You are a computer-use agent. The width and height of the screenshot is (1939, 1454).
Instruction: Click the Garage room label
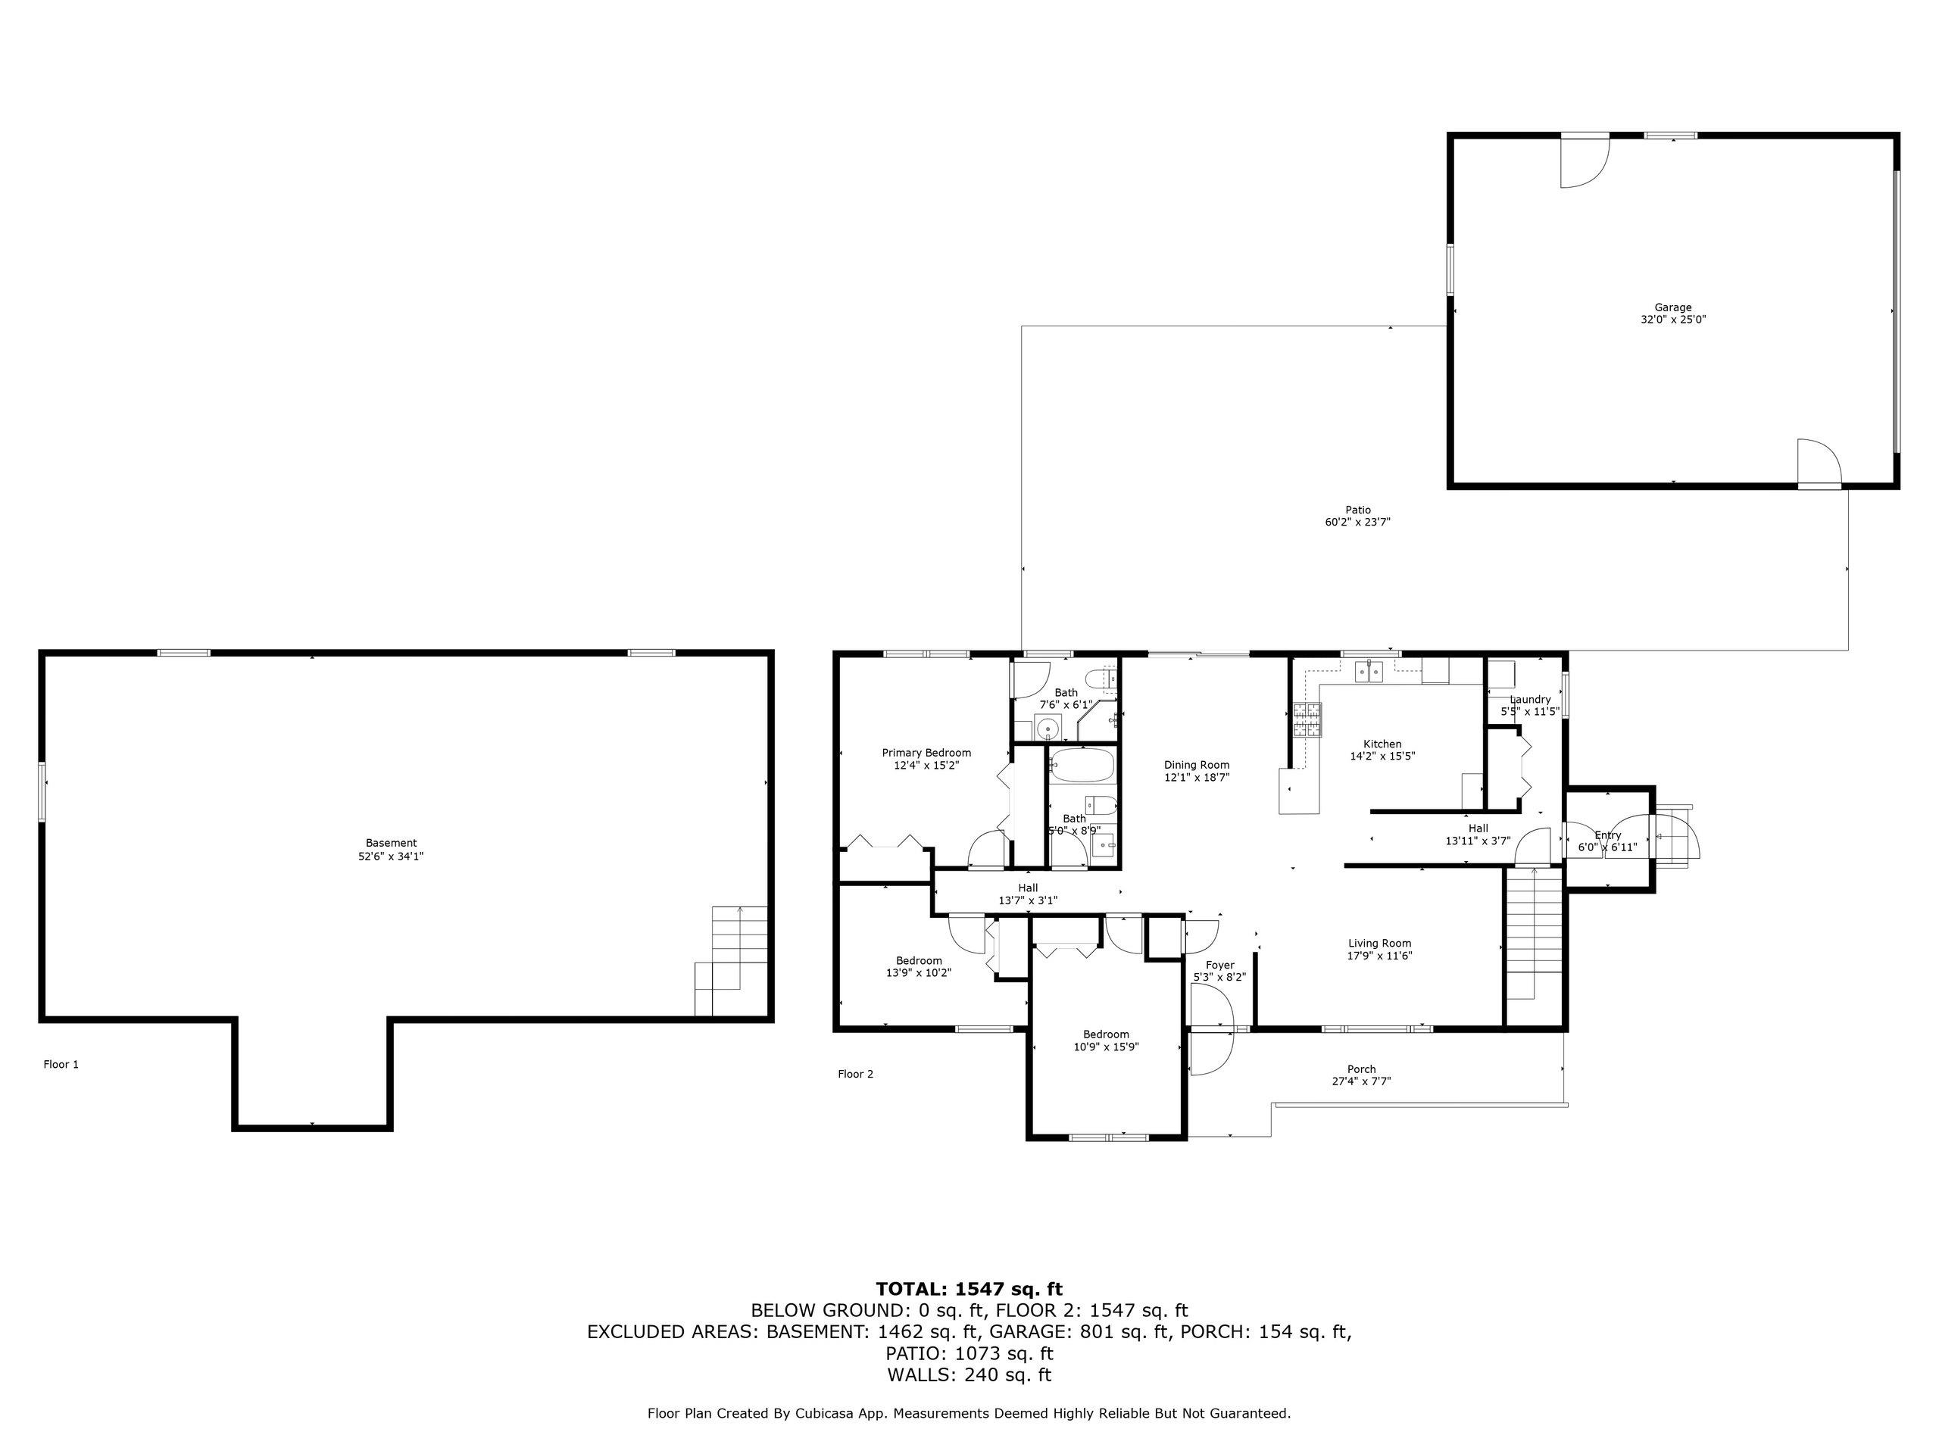1672,307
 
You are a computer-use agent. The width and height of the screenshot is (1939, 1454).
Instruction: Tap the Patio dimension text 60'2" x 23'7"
1358,523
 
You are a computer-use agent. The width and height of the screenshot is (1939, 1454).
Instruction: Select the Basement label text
391,843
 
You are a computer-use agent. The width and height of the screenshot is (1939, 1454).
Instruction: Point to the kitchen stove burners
1305,720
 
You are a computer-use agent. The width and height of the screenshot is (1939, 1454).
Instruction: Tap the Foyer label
1219,965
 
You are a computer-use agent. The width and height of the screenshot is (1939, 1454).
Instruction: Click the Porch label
1361,1069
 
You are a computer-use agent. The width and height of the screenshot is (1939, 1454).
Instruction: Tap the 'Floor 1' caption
61,1064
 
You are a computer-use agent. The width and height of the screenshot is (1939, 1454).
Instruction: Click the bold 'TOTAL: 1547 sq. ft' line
969,1288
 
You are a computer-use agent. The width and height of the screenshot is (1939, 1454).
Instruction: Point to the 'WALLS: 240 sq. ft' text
969,1375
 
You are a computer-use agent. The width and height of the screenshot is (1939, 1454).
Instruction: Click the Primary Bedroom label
926,753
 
